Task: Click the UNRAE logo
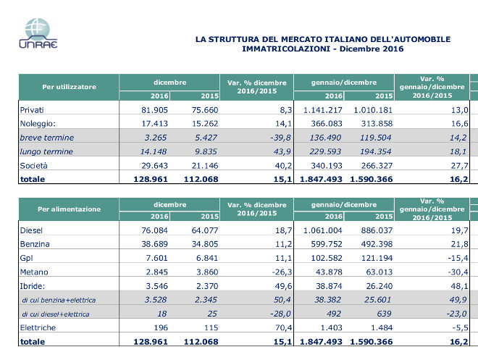[38, 33]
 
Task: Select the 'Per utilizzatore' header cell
[69, 87]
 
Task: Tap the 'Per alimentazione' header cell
[69, 209]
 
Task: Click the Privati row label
[32, 109]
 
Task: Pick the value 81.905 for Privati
[154, 109]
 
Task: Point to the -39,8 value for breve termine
[280, 138]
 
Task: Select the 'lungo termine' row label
[46, 151]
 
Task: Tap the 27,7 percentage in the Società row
[459, 166]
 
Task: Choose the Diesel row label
[31, 230]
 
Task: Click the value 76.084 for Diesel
[154, 230]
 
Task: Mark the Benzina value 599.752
[327, 244]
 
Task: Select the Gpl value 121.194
[377, 258]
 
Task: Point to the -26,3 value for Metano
[282, 272]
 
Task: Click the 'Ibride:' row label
[33, 286]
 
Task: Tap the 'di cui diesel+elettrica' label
[56, 314]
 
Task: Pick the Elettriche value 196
[161, 327]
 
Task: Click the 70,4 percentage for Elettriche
[283, 327]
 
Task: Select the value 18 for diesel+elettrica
[162, 314]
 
